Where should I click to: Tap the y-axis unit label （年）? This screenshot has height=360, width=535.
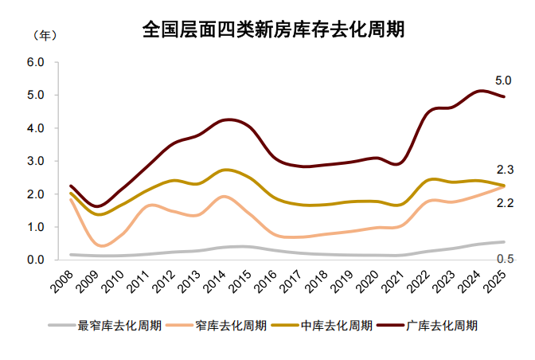pyautogui.click(x=44, y=36)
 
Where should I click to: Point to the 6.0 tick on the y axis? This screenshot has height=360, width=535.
pyautogui.click(x=35, y=62)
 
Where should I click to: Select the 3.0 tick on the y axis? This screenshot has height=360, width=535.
pyautogui.click(x=35, y=161)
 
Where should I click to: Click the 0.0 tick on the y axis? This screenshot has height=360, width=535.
pyautogui.click(x=35, y=260)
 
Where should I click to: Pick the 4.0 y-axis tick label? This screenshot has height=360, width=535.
pyautogui.click(x=35, y=128)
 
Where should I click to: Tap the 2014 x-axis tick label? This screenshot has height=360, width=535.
pyautogui.click(x=216, y=280)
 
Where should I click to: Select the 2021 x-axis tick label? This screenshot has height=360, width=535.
pyautogui.click(x=394, y=280)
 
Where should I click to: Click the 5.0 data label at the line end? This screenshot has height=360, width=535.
pyautogui.click(x=502, y=80)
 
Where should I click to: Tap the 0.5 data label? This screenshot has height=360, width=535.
pyautogui.click(x=504, y=259)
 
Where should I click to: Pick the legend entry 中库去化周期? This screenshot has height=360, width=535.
pyautogui.click(x=336, y=325)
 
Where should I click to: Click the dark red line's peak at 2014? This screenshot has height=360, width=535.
pyautogui.click(x=227, y=119)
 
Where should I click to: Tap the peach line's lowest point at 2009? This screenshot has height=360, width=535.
pyautogui.click(x=100, y=245)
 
